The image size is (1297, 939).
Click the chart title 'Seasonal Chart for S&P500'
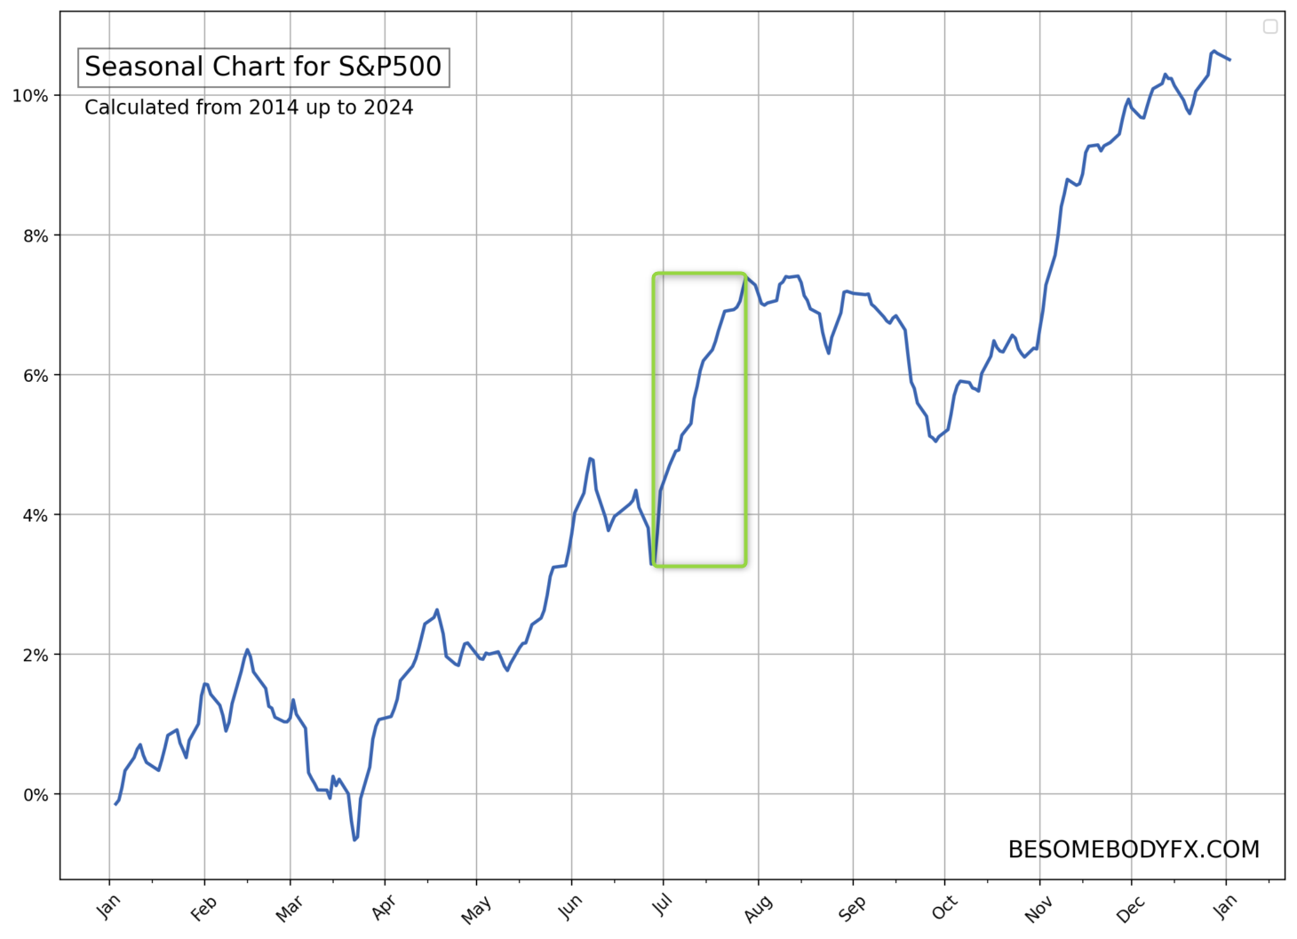tap(263, 68)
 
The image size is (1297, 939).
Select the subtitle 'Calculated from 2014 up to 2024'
tap(249, 107)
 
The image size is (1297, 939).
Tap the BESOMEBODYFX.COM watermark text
tap(1134, 850)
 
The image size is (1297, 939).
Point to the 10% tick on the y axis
tap(30, 96)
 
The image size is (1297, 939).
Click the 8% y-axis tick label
tap(35, 235)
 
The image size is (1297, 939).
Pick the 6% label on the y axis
tap(35, 376)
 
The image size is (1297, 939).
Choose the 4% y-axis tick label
tap(35, 515)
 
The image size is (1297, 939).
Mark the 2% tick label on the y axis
tap(35, 655)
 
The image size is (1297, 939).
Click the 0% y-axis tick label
tap(35, 795)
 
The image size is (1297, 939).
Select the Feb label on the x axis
tap(203, 908)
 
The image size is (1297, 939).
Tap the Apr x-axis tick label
tap(384, 908)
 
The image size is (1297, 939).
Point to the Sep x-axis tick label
tap(852, 908)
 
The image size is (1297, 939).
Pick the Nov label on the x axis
tap(1038, 908)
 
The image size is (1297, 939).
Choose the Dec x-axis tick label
tap(1130, 908)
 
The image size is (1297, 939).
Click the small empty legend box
tap(1270, 27)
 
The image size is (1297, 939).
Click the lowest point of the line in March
tap(354, 840)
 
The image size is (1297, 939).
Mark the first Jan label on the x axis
tap(108, 908)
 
